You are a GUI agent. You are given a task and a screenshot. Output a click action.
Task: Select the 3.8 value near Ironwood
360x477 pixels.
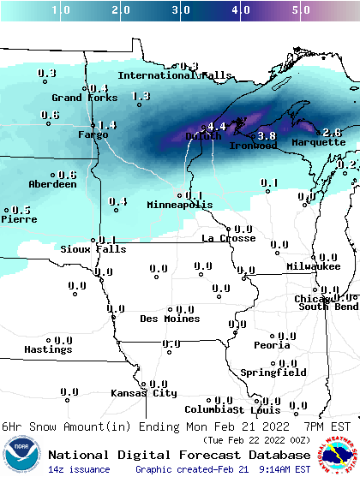[x=267, y=135]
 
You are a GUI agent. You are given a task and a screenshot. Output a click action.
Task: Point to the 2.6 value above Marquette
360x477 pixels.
[x=332, y=132]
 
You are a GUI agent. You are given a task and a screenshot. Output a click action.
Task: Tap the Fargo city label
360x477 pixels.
[x=93, y=134]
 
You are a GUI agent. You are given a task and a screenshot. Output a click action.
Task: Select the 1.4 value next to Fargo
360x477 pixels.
[x=107, y=125]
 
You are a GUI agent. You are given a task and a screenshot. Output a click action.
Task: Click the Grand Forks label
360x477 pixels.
[x=80, y=98]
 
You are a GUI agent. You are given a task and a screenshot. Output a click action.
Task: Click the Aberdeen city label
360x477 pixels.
[x=53, y=184]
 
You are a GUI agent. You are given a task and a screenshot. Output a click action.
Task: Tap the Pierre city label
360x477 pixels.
[x=18, y=219]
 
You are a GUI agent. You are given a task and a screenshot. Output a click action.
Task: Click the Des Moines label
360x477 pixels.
[x=170, y=319]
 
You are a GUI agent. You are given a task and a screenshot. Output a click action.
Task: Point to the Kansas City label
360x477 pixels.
[x=144, y=393]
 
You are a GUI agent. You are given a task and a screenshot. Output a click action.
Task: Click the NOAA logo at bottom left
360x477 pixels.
[x=23, y=453]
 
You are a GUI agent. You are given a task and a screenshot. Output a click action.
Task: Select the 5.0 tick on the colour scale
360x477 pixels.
[x=301, y=11]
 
